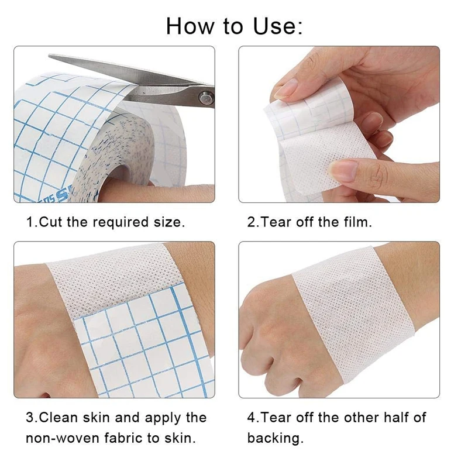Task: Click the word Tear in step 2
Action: click(275, 222)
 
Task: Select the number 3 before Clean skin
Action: click(29, 418)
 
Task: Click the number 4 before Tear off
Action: click(251, 418)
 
